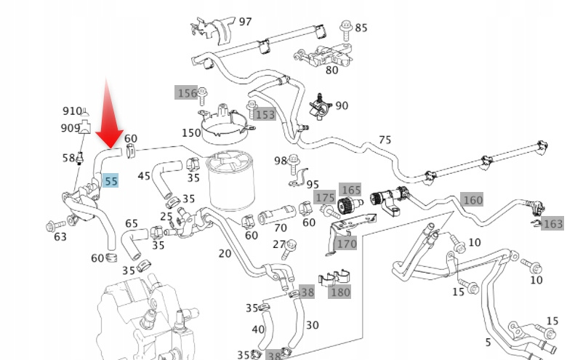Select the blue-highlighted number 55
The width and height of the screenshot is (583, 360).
coord(110,180)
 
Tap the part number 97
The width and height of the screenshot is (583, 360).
coord(245,22)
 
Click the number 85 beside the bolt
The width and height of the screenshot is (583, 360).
coord(361,28)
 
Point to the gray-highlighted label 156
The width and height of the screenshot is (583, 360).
coord(187,93)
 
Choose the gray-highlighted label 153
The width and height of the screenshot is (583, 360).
coord(265,114)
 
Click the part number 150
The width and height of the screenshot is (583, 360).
coord(191,133)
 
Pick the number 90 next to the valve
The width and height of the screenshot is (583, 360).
coord(342,105)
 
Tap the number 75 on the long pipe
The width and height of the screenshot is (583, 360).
coord(385,140)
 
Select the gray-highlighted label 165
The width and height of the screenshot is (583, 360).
coord(351,190)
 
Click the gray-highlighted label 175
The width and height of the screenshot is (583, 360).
coord(325,198)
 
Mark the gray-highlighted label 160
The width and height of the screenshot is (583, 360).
coord(473,200)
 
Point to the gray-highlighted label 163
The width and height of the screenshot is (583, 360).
coord(553,224)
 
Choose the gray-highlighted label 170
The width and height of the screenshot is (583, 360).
coord(347,244)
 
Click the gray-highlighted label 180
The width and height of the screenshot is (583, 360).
coord(339,292)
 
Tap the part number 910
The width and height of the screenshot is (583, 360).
coord(72,111)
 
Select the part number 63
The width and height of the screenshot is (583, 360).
coord(60,236)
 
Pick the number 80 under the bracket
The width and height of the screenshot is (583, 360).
coord(331,71)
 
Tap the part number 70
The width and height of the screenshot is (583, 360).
coord(280,228)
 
